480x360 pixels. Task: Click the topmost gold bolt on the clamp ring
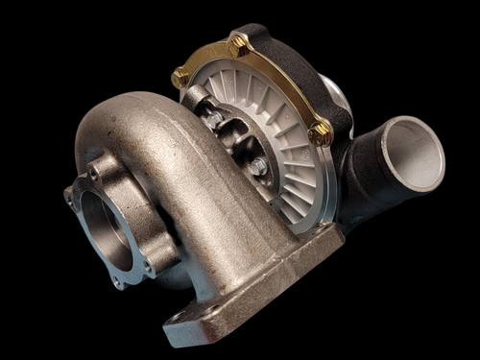238,43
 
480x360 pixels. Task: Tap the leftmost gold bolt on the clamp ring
180,78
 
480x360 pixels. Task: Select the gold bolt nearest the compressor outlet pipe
321,132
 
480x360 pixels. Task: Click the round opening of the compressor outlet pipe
413,154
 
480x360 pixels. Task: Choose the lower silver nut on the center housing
257,167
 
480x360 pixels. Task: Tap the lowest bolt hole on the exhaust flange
117,282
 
